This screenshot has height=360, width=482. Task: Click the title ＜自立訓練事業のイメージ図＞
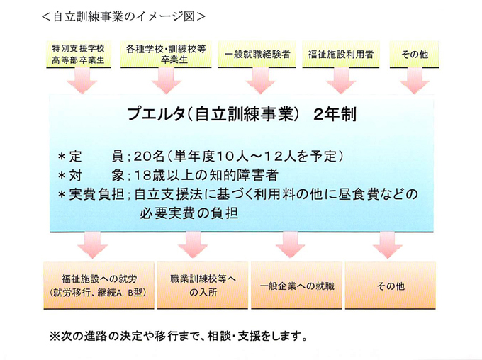(124, 16)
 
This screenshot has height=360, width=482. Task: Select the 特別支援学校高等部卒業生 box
(78, 55)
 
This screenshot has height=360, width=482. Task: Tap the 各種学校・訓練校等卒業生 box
(166, 55)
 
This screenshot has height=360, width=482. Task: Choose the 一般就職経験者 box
(257, 55)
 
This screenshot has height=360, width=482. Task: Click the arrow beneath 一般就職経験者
(257, 84)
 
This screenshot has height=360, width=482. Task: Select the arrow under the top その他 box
(413, 84)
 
